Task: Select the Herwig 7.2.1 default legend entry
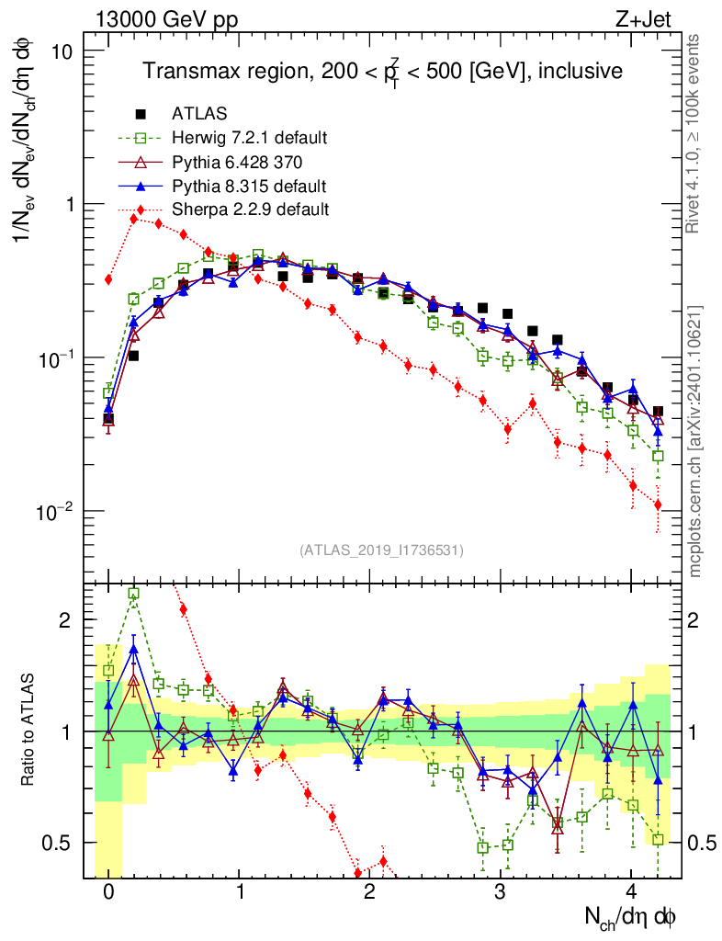tap(249, 138)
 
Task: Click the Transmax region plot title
tap(381, 72)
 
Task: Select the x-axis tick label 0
tap(108, 892)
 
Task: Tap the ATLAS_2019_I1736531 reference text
tap(381, 550)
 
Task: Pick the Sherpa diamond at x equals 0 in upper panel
tap(108, 279)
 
